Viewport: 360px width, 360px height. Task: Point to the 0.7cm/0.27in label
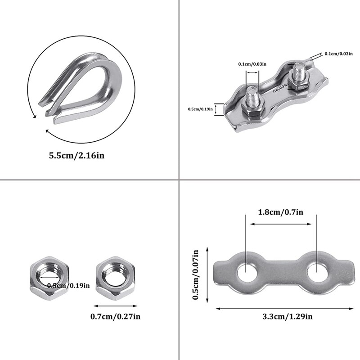[116, 316]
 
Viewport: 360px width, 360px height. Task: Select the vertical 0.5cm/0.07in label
[196, 275]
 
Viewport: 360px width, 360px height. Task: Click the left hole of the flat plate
[246, 272]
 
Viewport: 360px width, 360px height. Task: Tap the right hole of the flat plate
[317, 272]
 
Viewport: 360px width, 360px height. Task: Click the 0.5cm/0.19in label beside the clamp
[201, 108]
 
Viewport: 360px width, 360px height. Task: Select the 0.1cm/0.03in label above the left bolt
[251, 64]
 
